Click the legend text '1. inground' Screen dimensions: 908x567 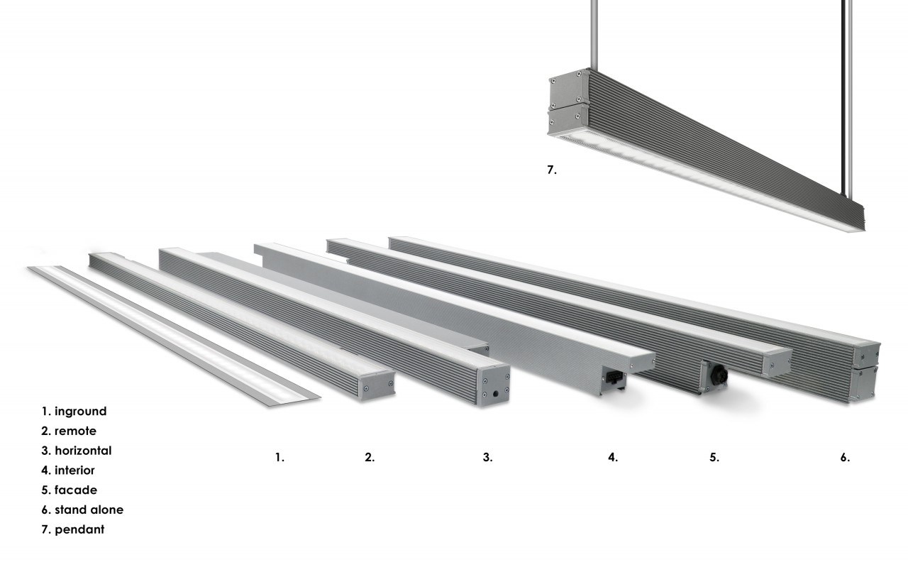(x=74, y=412)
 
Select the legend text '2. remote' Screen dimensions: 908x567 (x=69, y=431)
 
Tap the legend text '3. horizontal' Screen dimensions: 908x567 (x=76, y=451)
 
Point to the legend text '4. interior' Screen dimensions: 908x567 (x=67, y=470)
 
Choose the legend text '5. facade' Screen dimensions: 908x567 (x=69, y=490)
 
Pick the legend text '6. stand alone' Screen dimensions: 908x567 (x=82, y=510)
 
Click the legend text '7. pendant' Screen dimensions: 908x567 (x=72, y=529)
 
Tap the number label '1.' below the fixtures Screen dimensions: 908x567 (x=279, y=458)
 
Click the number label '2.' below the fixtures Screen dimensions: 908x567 (x=370, y=458)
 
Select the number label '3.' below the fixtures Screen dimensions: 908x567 (x=487, y=458)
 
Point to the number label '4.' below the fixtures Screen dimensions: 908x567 (x=613, y=458)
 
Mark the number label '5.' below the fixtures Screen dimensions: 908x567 (x=714, y=458)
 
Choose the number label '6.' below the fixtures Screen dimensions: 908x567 (x=845, y=458)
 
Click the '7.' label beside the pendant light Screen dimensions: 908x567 (x=552, y=170)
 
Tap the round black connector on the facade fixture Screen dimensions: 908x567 (x=718, y=376)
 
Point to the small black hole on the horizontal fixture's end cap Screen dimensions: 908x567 (x=495, y=393)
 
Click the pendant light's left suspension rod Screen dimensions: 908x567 (x=594, y=35)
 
